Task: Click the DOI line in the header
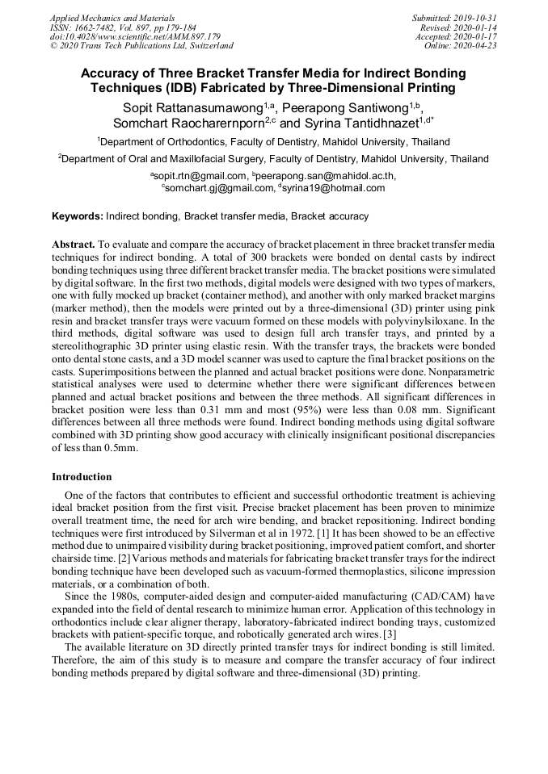point(135,36)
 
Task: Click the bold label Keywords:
point(78,216)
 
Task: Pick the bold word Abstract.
point(73,244)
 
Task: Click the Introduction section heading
point(82,477)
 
